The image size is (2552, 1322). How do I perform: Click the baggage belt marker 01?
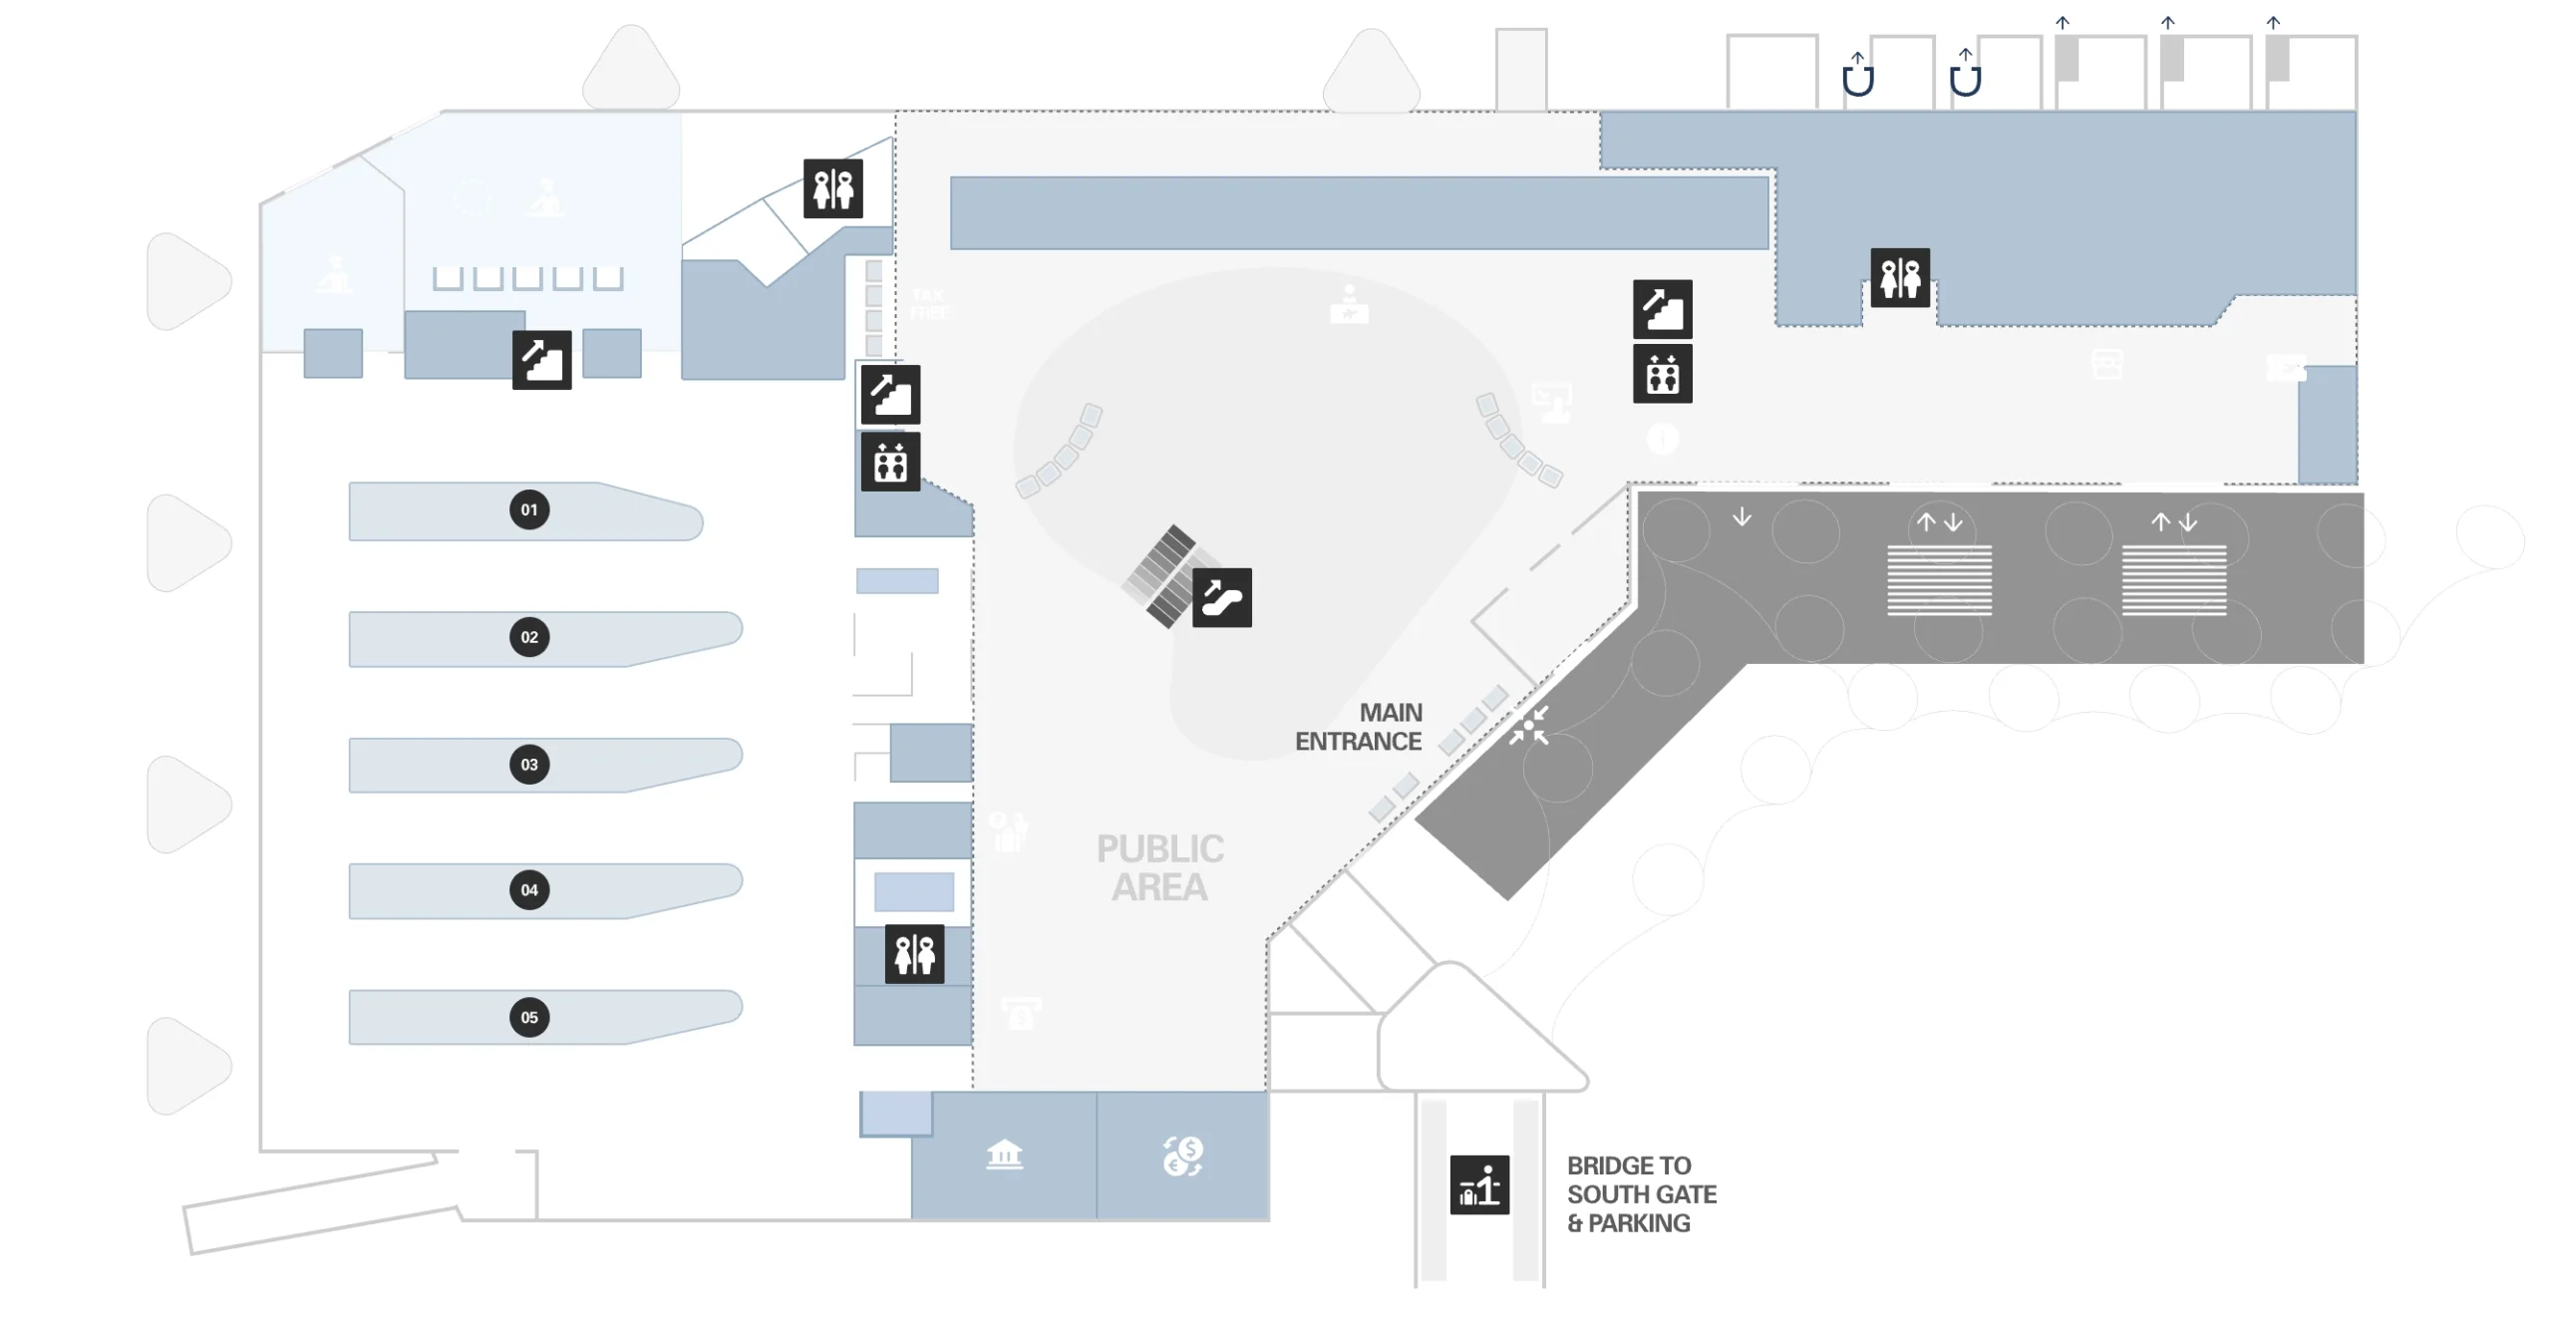[529, 510]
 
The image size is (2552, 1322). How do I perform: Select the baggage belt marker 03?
[529, 765]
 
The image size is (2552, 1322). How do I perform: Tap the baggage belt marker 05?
[529, 1018]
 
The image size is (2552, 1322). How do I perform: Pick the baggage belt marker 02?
[529, 637]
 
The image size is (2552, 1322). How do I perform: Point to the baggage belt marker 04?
[529, 890]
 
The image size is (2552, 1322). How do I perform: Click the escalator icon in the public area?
[1221, 598]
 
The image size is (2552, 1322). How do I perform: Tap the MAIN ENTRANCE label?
[1359, 727]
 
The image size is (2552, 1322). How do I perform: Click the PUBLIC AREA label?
[1160, 867]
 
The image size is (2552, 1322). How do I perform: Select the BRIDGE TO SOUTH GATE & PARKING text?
[1641, 1194]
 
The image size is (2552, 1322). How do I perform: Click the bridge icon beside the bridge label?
[1479, 1185]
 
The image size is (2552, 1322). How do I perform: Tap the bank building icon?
[1004, 1155]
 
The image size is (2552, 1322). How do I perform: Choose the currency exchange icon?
[1183, 1157]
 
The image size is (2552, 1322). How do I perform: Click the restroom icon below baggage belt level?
[914, 954]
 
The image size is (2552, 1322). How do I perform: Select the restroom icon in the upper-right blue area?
[1900, 277]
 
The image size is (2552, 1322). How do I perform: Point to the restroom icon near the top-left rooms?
[833, 188]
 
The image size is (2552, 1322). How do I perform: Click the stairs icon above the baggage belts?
[541, 360]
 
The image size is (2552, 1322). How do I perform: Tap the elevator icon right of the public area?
[1662, 375]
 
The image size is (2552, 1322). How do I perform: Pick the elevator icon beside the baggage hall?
[890, 462]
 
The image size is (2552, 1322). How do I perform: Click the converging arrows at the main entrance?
[1528, 726]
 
